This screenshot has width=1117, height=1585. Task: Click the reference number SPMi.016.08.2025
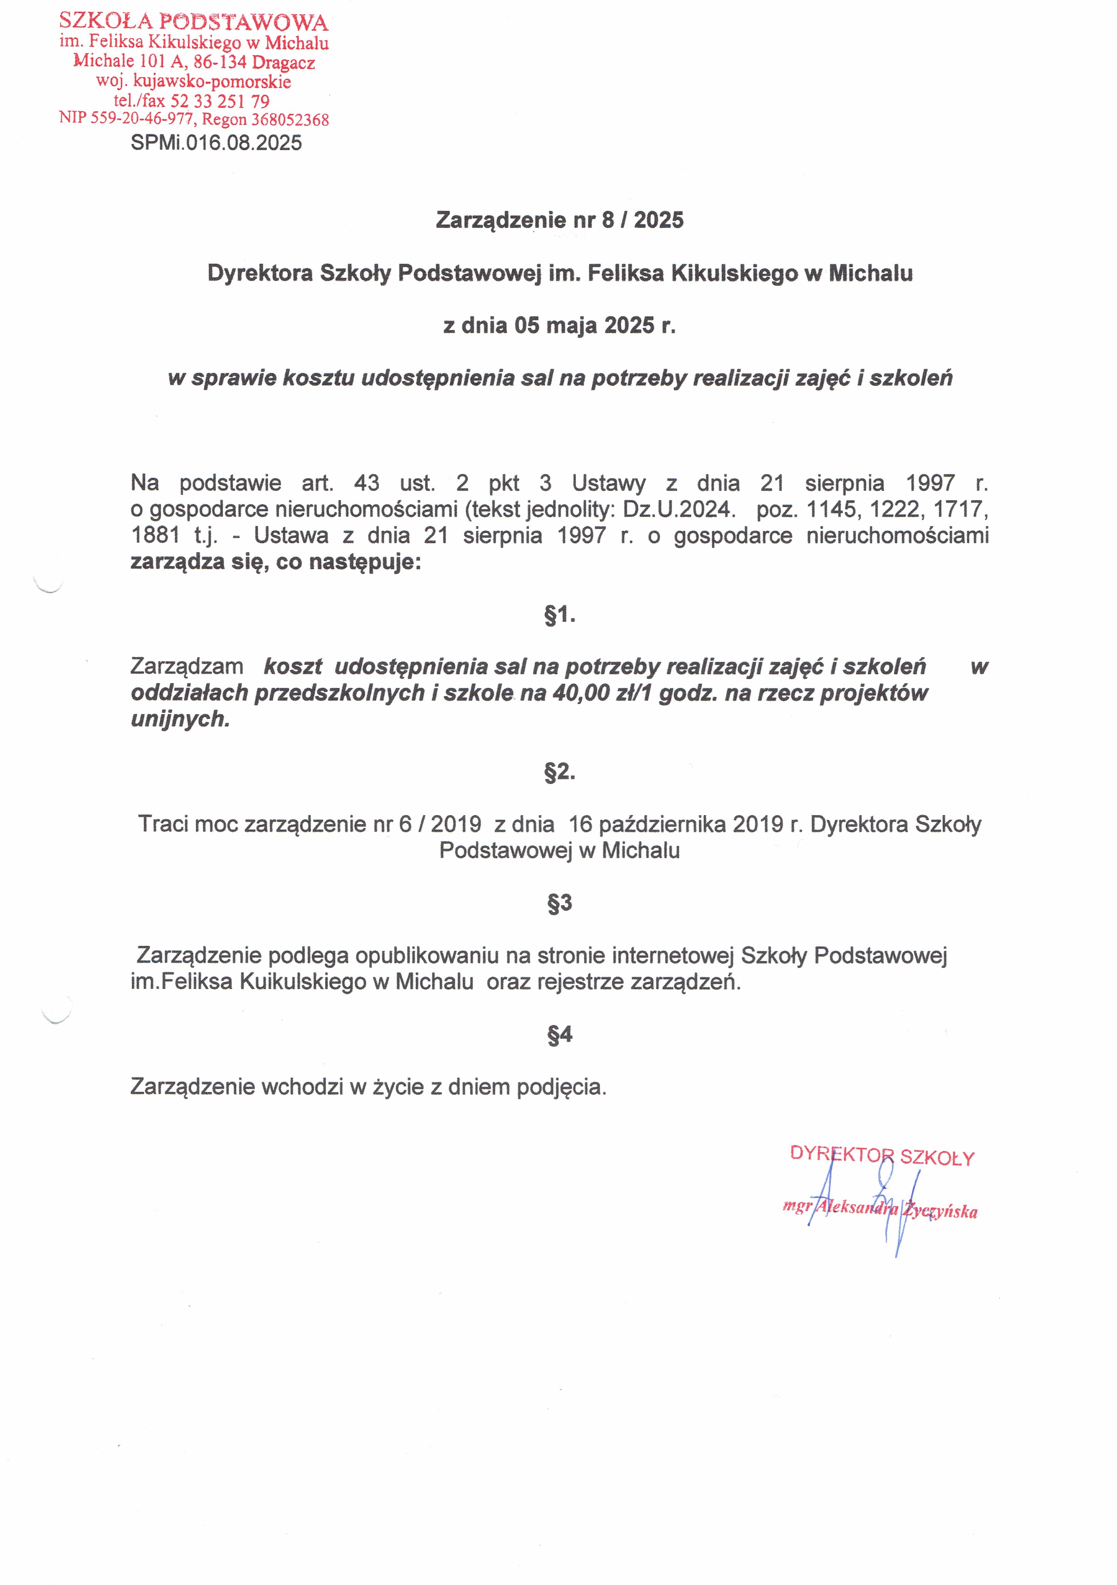point(216,143)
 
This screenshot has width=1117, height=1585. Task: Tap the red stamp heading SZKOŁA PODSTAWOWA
point(193,22)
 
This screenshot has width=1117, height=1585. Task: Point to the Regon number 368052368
point(290,119)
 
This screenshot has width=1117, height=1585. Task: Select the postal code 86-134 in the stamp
point(219,62)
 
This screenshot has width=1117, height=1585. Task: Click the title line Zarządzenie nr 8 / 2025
point(560,220)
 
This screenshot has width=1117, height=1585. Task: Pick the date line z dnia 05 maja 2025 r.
point(560,325)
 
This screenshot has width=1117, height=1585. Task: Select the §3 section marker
point(560,903)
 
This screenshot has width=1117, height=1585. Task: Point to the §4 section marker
point(560,1034)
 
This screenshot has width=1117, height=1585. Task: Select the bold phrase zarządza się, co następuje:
point(276,562)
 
